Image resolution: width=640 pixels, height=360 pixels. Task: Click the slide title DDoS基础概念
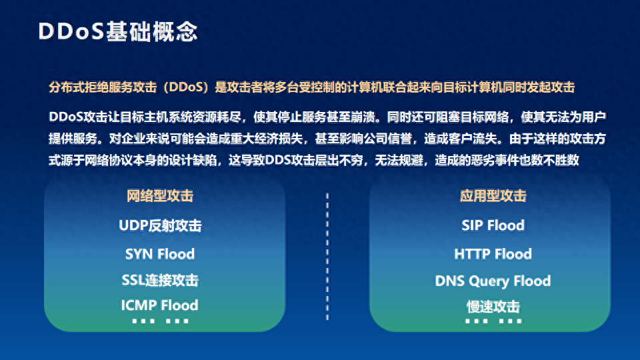(x=118, y=31)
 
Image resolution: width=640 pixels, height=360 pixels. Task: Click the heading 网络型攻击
(x=160, y=196)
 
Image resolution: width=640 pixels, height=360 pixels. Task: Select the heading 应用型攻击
(x=493, y=196)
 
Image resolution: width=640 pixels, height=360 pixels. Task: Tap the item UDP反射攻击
(x=160, y=225)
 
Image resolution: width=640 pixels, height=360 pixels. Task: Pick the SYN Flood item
(x=160, y=254)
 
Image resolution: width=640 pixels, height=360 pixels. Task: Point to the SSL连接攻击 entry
(x=160, y=280)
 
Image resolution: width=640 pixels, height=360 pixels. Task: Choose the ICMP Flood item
(x=159, y=305)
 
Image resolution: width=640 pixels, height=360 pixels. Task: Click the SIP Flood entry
(x=493, y=225)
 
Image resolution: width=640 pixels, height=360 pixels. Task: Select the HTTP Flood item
(x=493, y=254)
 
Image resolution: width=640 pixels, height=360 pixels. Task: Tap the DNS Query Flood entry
(x=493, y=281)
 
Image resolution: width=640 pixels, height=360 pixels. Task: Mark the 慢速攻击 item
(x=493, y=307)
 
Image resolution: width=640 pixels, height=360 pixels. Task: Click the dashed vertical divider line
(x=327, y=256)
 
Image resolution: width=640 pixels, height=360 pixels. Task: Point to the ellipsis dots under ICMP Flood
(x=161, y=321)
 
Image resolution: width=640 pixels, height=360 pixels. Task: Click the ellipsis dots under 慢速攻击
(x=493, y=321)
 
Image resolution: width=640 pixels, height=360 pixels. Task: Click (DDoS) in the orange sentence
(x=186, y=87)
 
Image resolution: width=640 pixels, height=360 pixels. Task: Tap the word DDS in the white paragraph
(x=277, y=160)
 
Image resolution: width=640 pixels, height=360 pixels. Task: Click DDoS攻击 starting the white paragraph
(x=79, y=117)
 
